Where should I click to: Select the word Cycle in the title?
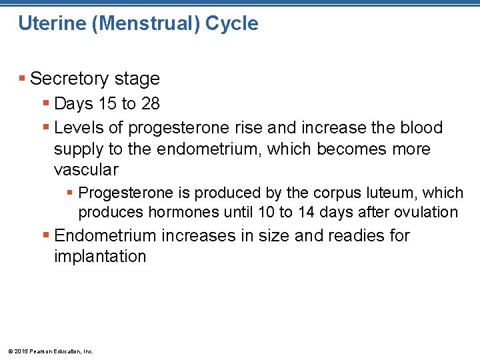(x=232, y=24)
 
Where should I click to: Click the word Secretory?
(x=69, y=79)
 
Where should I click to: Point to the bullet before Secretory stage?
(x=23, y=79)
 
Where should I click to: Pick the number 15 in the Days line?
(x=108, y=104)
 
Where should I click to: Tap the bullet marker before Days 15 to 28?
(x=46, y=104)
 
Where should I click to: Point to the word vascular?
(x=86, y=169)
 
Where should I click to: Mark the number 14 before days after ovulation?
(x=333, y=213)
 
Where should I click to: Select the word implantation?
(x=100, y=257)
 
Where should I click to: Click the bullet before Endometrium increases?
(x=46, y=236)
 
